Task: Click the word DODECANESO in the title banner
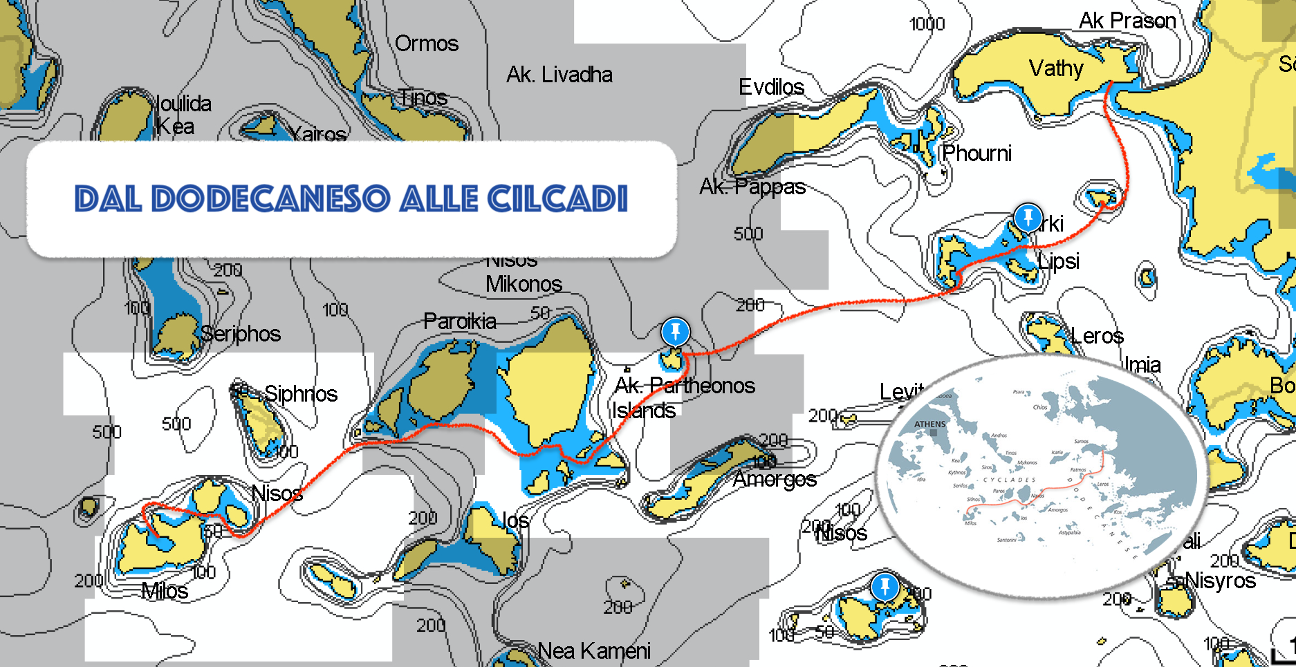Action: [x=270, y=199]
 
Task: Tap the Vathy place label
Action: [x=1055, y=68]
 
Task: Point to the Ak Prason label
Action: [x=1127, y=21]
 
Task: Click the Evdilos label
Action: [x=771, y=87]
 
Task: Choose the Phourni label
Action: [x=976, y=153]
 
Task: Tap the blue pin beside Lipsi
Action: [x=1028, y=216]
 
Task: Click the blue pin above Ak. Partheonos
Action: [x=675, y=331]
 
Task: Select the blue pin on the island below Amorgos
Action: [x=885, y=587]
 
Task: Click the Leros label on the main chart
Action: [x=1097, y=336]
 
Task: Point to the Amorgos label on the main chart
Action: [x=775, y=479]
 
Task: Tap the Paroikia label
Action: [x=460, y=321]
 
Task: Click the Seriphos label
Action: [x=241, y=334]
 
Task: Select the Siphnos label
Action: [x=301, y=394]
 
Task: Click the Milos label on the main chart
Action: [x=165, y=591]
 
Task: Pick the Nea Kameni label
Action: [x=594, y=650]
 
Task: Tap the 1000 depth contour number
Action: [x=927, y=24]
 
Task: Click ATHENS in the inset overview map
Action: [x=929, y=424]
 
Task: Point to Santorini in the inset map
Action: [x=1006, y=540]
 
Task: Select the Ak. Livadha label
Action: [x=559, y=75]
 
